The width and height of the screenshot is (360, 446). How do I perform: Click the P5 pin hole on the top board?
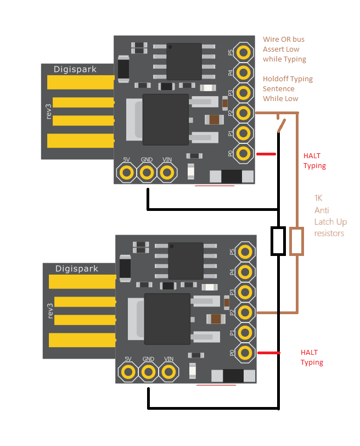(244, 52)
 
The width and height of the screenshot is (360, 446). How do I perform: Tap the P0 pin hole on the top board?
(244, 153)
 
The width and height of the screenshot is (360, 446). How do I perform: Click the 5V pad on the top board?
(127, 173)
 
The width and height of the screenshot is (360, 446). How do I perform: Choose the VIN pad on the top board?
(167, 173)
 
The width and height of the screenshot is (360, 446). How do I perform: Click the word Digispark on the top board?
(76, 69)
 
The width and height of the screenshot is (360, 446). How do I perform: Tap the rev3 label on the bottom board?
(50, 310)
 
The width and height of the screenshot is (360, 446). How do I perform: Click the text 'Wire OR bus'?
(283, 40)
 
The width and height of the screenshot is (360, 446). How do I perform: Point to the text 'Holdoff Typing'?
(288, 79)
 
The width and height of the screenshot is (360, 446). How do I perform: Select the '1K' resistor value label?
(319, 198)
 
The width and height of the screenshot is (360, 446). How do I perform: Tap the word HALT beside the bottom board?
(309, 352)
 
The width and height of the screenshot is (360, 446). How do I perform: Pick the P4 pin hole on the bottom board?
(245, 272)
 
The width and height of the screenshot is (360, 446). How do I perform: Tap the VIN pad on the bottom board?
(168, 372)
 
